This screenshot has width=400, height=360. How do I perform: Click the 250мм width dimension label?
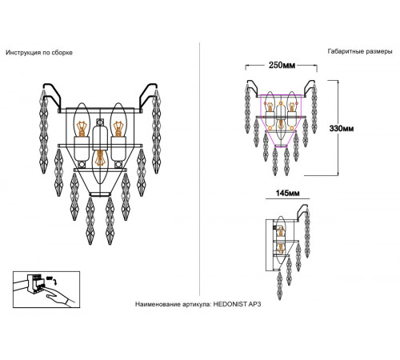pos(282,66)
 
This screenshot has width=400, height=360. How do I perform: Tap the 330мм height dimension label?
pos(342,129)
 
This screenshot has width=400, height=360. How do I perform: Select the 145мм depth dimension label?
pos(287,193)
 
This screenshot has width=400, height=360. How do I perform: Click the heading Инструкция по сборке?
pos(39,53)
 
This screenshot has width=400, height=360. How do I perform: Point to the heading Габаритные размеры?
pos(360,51)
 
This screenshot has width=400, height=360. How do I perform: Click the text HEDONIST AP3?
pos(237,304)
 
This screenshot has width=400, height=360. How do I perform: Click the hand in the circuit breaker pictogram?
pos(60,298)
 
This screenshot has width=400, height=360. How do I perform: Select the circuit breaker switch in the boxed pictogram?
pos(34,285)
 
